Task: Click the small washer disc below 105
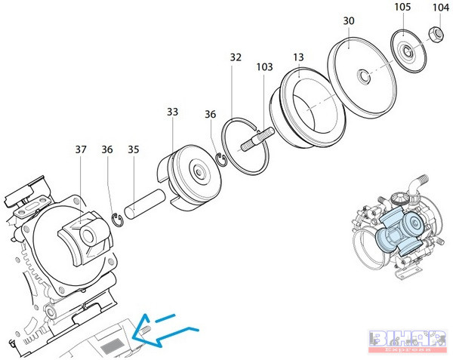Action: pos(406,50)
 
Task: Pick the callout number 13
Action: pos(300,57)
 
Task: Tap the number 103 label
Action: pos(264,67)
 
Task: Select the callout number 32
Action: pos(236,57)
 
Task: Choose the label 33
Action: pos(173,112)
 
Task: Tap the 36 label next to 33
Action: pos(211,114)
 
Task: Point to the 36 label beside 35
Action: pos(108,149)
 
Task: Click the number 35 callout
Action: pos(134,149)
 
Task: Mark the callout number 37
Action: pos(82,149)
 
